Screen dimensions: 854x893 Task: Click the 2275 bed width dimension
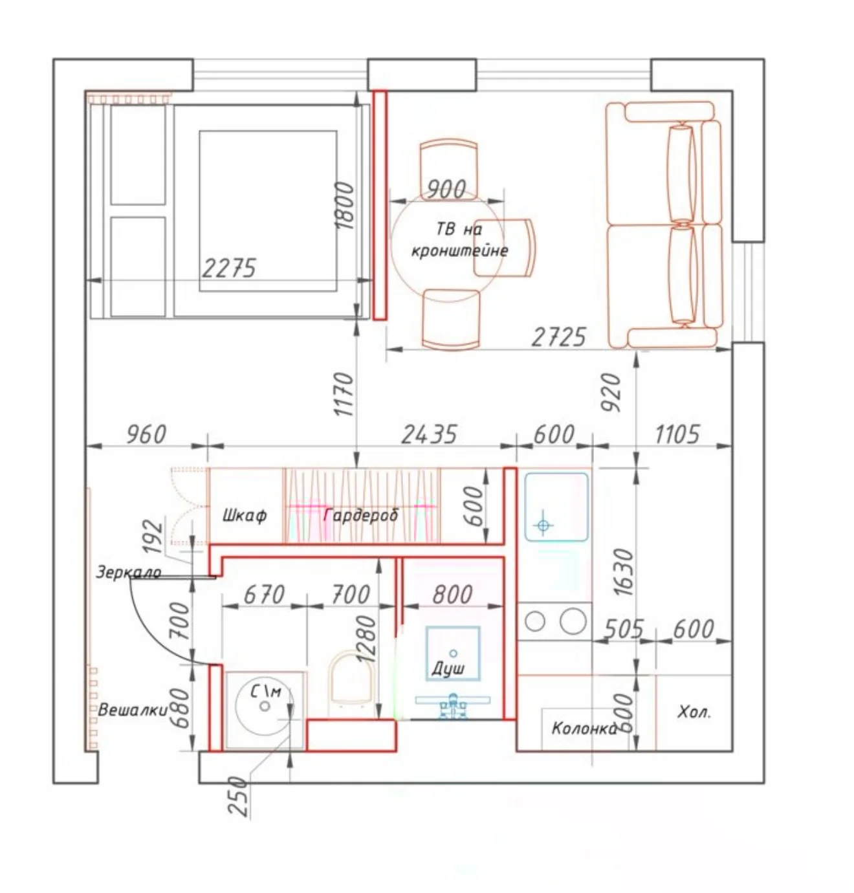tap(228, 268)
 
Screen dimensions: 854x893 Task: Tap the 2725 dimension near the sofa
tap(558, 336)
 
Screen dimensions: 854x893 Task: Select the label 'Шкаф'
tap(245, 516)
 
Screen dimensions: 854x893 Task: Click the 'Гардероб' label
tap(361, 515)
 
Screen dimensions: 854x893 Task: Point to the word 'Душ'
tap(448, 668)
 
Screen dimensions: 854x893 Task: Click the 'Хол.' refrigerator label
tap(694, 712)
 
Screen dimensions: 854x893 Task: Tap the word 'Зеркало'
tap(129, 572)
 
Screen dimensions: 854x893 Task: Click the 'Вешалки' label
tap(133, 711)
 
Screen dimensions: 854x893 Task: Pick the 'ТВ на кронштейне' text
tap(459, 239)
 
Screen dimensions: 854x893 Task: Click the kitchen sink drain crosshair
tap(543, 525)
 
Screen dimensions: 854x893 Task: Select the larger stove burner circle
tap(573, 621)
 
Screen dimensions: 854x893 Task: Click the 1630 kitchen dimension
tap(625, 572)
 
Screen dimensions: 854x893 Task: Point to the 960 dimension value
tap(146, 434)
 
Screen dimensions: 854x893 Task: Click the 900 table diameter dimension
tap(446, 188)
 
